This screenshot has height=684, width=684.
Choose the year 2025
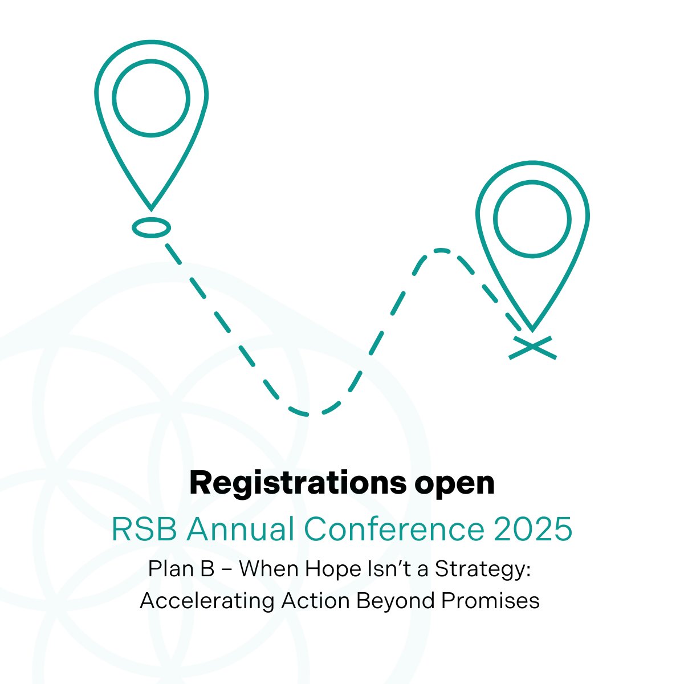[533, 529]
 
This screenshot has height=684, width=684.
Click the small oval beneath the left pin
[151, 227]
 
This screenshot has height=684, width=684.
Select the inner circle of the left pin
[151, 98]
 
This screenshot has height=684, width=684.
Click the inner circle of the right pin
[532, 218]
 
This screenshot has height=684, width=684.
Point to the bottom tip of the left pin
[151, 207]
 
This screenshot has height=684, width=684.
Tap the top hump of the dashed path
[441, 250]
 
